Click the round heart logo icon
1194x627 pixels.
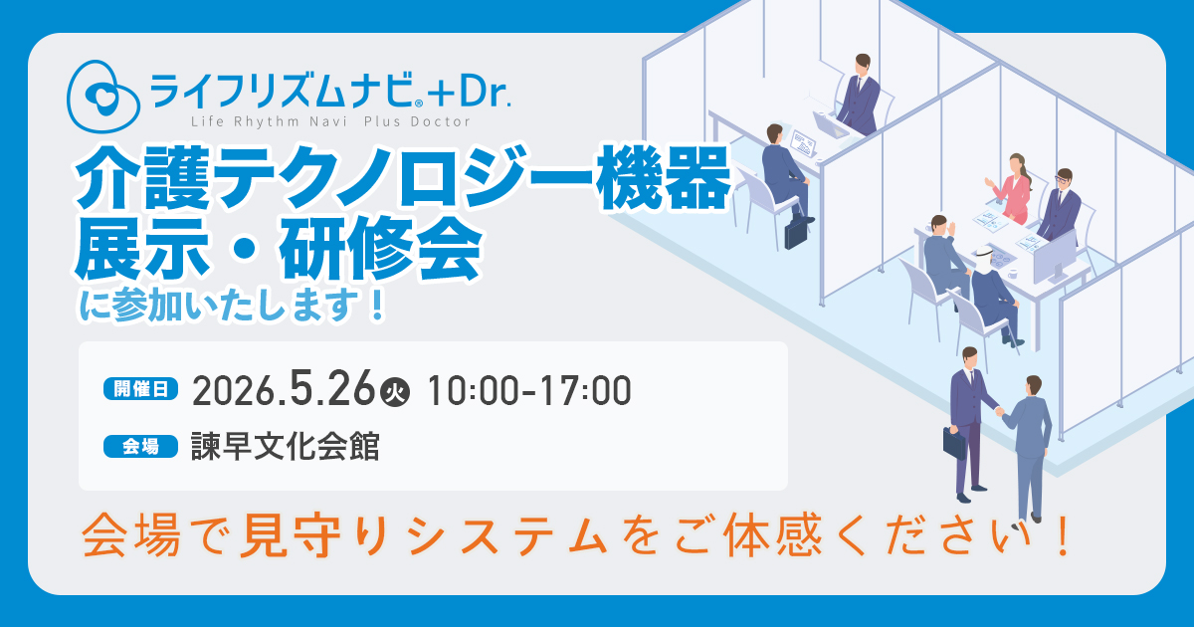(103, 96)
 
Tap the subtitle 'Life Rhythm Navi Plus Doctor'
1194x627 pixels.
(330, 122)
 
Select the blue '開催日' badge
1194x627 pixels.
(140, 389)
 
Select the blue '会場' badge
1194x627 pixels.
(140, 447)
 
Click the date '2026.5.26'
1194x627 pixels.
(284, 390)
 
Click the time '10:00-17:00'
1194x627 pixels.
(528, 391)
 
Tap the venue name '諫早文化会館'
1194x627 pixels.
(286, 447)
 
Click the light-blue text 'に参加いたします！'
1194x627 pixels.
(233, 306)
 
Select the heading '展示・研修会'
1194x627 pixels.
(278, 249)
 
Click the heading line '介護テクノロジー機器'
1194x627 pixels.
(402, 178)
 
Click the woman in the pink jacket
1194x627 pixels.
(1011, 189)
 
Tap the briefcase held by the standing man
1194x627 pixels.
(954, 443)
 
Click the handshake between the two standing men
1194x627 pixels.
(999, 411)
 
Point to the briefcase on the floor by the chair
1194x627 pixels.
(796, 235)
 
